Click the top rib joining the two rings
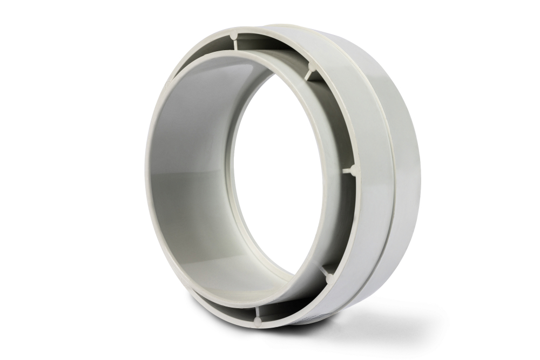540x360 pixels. tap(235, 44)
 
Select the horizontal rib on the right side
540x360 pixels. tap(349, 170)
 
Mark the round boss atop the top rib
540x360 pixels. tap(234, 36)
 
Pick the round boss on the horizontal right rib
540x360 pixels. tap(355, 170)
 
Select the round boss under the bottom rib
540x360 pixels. tap(257, 323)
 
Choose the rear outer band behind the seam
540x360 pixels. tap(408, 178)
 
